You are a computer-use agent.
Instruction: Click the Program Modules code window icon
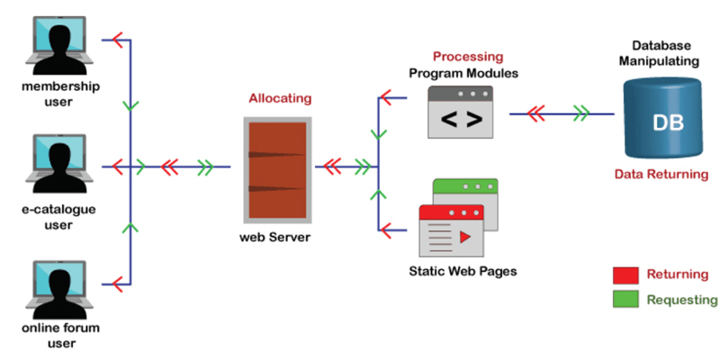coord(460,113)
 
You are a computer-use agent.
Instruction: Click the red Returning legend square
coord(625,274)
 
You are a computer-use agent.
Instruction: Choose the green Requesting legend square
coord(625,300)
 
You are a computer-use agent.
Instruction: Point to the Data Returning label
coord(661,175)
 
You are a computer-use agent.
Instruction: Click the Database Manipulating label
coord(665,53)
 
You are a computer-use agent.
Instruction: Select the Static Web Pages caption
coord(463,271)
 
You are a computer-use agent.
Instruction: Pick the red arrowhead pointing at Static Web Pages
coord(386,226)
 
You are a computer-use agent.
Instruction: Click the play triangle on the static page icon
coord(466,239)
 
